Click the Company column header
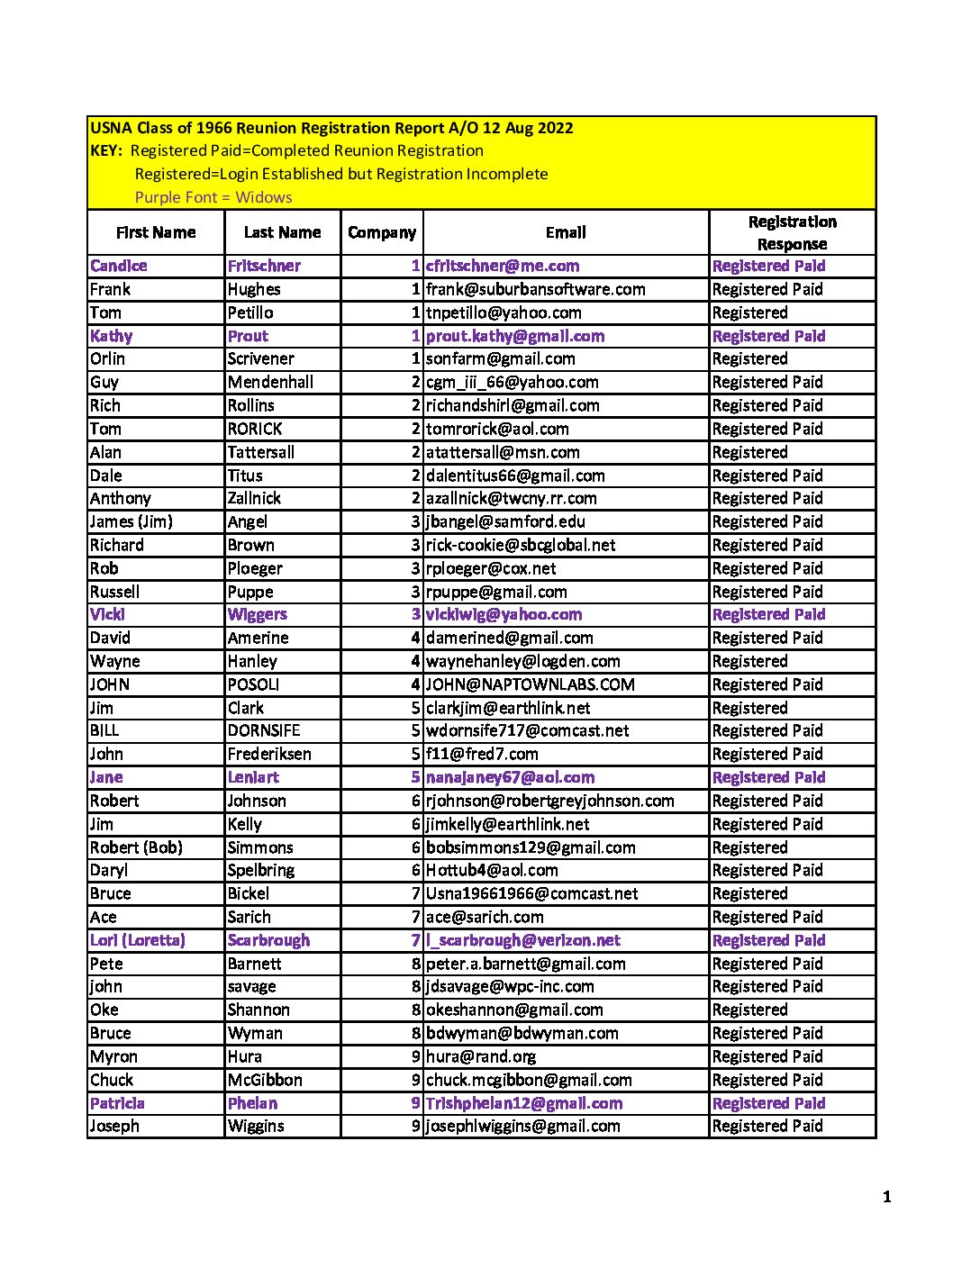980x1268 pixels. tap(382, 232)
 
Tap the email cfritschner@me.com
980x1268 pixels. tap(503, 266)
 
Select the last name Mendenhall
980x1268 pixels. tap(270, 382)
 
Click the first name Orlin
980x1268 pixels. tap(107, 358)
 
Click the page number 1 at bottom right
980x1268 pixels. tap(887, 1197)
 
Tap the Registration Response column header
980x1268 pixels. tap(792, 232)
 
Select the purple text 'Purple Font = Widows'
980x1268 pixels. tap(213, 197)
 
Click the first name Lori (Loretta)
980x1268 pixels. tap(138, 940)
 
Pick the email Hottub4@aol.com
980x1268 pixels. tap(492, 870)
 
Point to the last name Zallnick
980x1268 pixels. tap(254, 498)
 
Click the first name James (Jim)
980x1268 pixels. tap(132, 521)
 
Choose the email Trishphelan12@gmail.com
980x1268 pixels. tap(524, 1103)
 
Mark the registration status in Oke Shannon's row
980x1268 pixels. tap(750, 1010)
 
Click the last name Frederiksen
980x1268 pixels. tap(269, 754)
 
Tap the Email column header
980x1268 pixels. tap(566, 232)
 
